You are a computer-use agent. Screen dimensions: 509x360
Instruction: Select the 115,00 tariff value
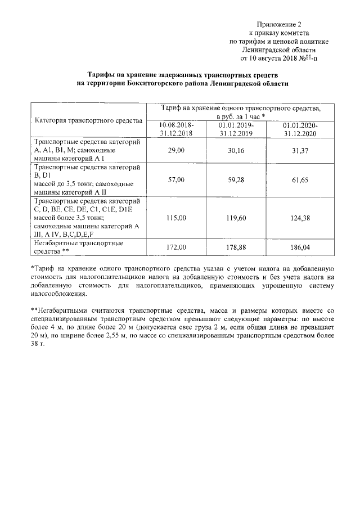tap(177, 218)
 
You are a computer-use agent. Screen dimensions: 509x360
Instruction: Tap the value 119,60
tap(236, 218)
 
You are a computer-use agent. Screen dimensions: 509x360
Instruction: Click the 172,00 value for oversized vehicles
tap(177, 247)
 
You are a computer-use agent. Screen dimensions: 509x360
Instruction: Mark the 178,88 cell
tap(236, 247)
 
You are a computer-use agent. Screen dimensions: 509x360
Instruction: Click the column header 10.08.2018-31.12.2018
tap(177, 129)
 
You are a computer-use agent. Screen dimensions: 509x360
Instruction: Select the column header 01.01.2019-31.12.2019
tap(236, 129)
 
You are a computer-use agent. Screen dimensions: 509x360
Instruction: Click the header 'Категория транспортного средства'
tap(88, 120)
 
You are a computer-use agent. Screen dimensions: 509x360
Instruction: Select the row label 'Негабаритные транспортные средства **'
tap(79, 247)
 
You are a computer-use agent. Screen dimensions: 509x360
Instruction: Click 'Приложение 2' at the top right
tap(280, 24)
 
